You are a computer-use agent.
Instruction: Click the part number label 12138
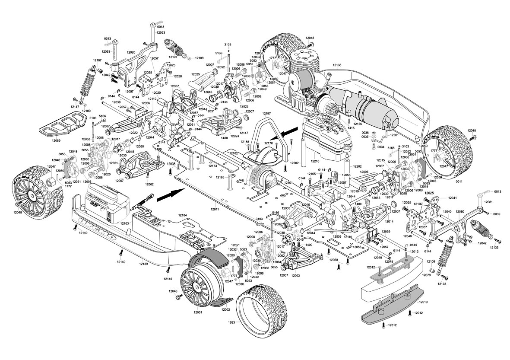337,65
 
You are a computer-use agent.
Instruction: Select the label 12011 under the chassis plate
215,209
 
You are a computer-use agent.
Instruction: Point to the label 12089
56,140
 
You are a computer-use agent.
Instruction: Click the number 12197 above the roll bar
266,114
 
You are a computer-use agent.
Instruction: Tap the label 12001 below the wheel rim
198,312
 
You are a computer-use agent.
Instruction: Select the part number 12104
182,215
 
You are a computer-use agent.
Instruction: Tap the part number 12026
131,52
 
